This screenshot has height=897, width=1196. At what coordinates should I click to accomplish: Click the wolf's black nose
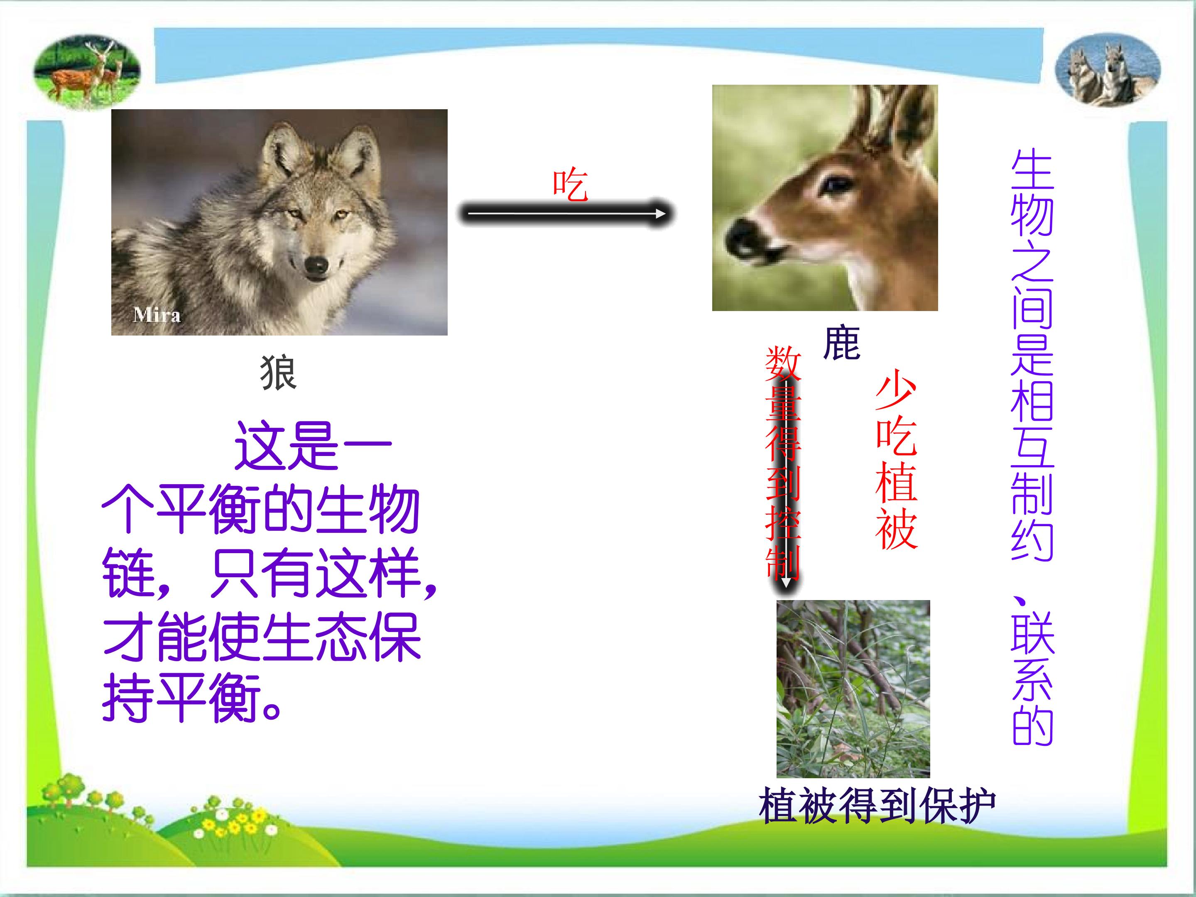316,265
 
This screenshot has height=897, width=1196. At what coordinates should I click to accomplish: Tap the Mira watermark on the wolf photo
157,315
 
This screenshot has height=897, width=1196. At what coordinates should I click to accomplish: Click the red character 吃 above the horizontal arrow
570,184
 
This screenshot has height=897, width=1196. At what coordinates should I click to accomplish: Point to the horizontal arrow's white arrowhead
660,213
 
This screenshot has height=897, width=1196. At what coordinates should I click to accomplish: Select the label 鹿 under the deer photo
841,343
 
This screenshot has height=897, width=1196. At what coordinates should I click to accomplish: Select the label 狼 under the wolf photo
279,373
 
